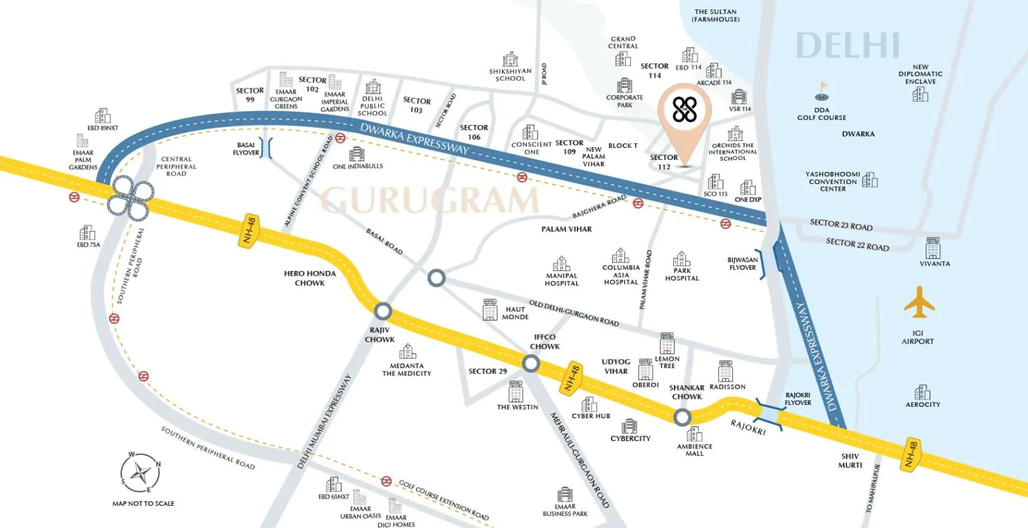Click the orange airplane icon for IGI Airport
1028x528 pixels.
(919, 302)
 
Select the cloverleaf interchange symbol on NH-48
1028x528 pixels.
(130, 196)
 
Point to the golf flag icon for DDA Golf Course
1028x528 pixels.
(822, 90)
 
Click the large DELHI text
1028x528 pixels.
(847, 46)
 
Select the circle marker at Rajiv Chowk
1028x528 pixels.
(383, 311)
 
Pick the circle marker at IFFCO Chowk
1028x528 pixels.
(531, 363)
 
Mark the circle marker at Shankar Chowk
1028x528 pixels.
(682, 418)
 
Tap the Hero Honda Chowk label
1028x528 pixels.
(309, 278)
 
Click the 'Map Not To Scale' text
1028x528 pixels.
(143, 503)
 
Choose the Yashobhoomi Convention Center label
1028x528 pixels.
(833, 181)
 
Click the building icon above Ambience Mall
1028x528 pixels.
(694, 434)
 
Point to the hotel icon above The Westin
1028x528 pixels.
(515, 391)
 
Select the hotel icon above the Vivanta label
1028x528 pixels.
(933, 248)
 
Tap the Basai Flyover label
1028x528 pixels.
(246, 149)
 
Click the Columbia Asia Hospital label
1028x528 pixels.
(620, 274)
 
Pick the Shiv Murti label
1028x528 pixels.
(850, 460)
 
